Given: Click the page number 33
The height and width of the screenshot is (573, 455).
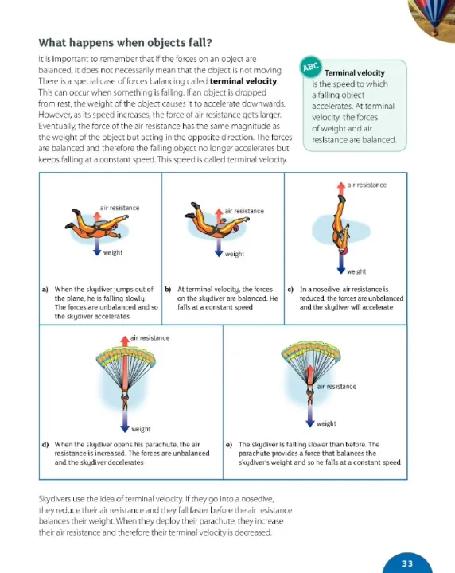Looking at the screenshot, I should [x=407, y=563].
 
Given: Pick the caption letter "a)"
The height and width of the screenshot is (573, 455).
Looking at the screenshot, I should [x=45, y=290].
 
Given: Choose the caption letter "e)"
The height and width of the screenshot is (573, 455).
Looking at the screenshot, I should [x=229, y=445].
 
